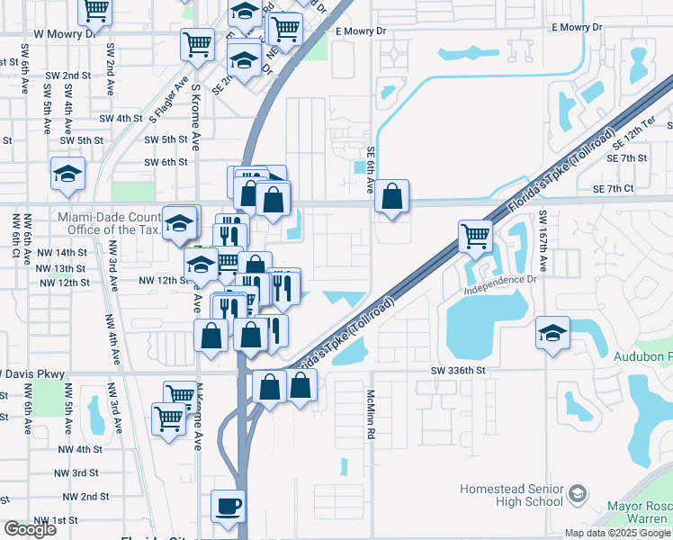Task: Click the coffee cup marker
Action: [x=228, y=506]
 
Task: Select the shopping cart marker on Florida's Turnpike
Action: [x=475, y=237]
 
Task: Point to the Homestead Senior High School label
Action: [x=511, y=495]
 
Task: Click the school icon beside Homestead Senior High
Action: [x=576, y=494]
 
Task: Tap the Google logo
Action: [x=30, y=529]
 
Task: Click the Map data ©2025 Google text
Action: [x=617, y=533]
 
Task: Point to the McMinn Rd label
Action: [x=370, y=414]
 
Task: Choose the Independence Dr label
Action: [x=500, y=284]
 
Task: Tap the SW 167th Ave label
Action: [x=543, y=242]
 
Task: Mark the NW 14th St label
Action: [x=62, y=254]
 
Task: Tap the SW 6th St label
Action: [x=166, y=162]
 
